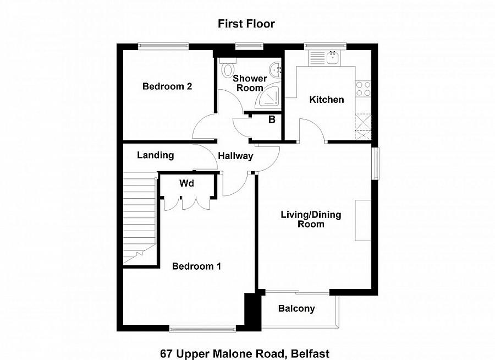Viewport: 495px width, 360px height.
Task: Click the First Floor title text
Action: (x=246, y=24)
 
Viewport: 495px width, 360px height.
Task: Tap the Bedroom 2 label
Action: (x=167, y=86)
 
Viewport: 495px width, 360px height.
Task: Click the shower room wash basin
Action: (x=274, y=69)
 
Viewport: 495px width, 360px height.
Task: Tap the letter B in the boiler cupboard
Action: (x=271, y=119)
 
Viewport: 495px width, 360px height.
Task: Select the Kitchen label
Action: (x=327, y=100)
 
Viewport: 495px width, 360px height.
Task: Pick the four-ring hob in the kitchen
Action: (x=363, y=89)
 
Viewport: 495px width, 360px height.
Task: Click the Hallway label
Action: (x=235, y=156)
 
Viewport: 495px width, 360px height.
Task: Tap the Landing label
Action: (x=155, y=155)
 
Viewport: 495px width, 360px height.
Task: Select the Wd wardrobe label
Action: (x=187, y=184)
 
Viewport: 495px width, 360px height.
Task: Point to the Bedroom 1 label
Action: (x=196, y=266)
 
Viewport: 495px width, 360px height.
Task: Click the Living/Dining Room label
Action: (x=311, y=219)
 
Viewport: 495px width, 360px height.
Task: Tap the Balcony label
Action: (x=296, y=309)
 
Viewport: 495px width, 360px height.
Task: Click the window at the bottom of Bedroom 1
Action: (x=204, y=329)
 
